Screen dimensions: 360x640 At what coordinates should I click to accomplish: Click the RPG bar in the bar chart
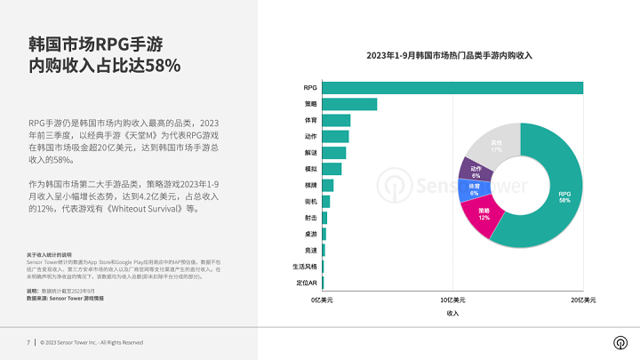[x=452, y=87]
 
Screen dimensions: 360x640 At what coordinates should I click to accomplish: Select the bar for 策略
[x=348, y=104]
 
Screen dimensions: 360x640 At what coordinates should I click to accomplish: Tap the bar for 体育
[x=335, y=120]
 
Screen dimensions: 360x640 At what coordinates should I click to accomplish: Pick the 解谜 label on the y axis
[x=310, y=153]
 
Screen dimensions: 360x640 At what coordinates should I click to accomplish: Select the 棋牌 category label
[x=310, y=185]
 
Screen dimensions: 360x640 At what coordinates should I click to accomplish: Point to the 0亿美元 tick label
[x=322, y=301]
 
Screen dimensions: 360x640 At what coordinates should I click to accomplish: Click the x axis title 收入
[x=452, y=314]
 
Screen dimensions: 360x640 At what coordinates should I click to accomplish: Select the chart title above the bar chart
[x=449, y=55]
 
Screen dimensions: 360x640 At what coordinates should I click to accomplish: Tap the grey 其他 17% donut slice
[x=494, y=146]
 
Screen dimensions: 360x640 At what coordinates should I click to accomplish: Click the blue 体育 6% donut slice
[x=474, y=190]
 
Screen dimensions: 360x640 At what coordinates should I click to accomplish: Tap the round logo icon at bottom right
[x=619, y=343]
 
